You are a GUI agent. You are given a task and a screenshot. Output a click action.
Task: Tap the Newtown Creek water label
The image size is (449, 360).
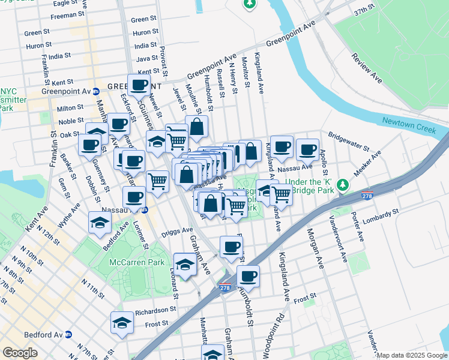(x=411, y=121)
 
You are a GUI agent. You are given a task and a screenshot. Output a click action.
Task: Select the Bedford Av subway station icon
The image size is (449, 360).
(x=68, y=334)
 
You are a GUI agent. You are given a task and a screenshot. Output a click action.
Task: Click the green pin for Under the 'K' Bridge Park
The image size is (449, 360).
(x=342, y=184)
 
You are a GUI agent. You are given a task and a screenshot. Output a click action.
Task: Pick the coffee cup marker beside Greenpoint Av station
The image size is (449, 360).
(x=139, y=85)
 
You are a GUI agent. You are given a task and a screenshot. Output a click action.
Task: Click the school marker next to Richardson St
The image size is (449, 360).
(x=122, y=323)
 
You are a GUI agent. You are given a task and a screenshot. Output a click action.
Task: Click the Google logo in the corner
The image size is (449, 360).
(x=20, y=353)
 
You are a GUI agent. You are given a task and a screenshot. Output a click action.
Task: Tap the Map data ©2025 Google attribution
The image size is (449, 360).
(x=411, y=355)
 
